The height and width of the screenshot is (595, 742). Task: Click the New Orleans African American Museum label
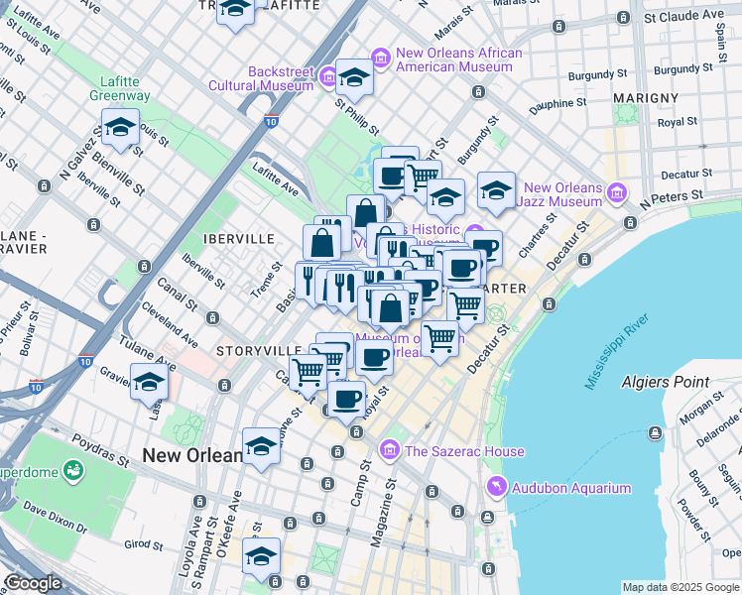[x=453, y=60]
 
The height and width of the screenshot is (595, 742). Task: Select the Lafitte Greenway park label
[x=125, y=89]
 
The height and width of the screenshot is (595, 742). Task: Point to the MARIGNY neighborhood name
[x=645, y=98]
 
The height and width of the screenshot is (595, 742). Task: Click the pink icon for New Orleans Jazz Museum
[x=618, y=189]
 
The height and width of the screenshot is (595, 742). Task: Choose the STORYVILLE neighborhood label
[x=259, y=351]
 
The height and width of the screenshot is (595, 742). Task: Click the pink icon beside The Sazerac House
[x=391, y=451]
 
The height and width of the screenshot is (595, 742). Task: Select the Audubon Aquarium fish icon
[x=497, y=487]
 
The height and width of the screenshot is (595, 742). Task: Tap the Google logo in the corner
[x=33, y=583]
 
